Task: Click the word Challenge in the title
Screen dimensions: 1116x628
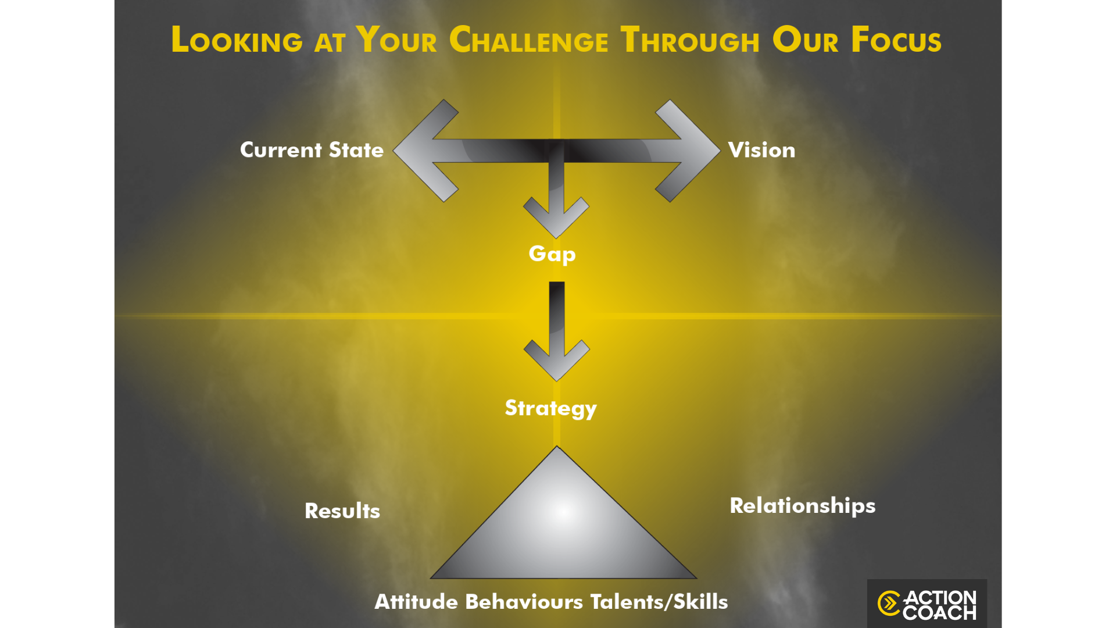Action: pyautogui.click(x=529, y=40)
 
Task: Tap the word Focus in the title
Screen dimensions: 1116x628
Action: pyautogui.click(x=896, y=40)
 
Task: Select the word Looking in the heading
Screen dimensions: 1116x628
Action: pyautogui.click(x=237, y=40)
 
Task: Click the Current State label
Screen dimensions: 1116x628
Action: pyautogui.click(x=312, y=150)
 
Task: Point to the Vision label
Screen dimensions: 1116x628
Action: pyautogui.click(x=761, y=150)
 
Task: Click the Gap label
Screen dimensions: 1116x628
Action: pyautogui.click(x=552, y=254)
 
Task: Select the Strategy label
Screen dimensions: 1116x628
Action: pyautogui.click(x=550, y=408)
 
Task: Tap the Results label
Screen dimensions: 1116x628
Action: pyautogui.click(x=342, y=511)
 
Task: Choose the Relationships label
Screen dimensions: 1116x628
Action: pyautogui.click(x=803, y=506)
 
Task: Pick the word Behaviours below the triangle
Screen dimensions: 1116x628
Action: pyautogui.click(x=524, y=602)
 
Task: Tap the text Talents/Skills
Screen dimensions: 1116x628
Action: pyautogui.click(x=659, y=602)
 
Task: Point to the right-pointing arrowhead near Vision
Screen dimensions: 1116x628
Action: pyautogui.click(x=688, y=151)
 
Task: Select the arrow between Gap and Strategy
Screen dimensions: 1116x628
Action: pyautogui.click(x=557, y=331)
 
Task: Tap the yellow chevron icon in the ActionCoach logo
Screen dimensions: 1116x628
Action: pyautogui.click(x=889, y=604)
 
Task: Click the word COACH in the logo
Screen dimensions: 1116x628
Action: pyautogui.click(x=940, y=613)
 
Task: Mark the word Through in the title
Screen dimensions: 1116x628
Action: pyautogui.click(x=690, y=40)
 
